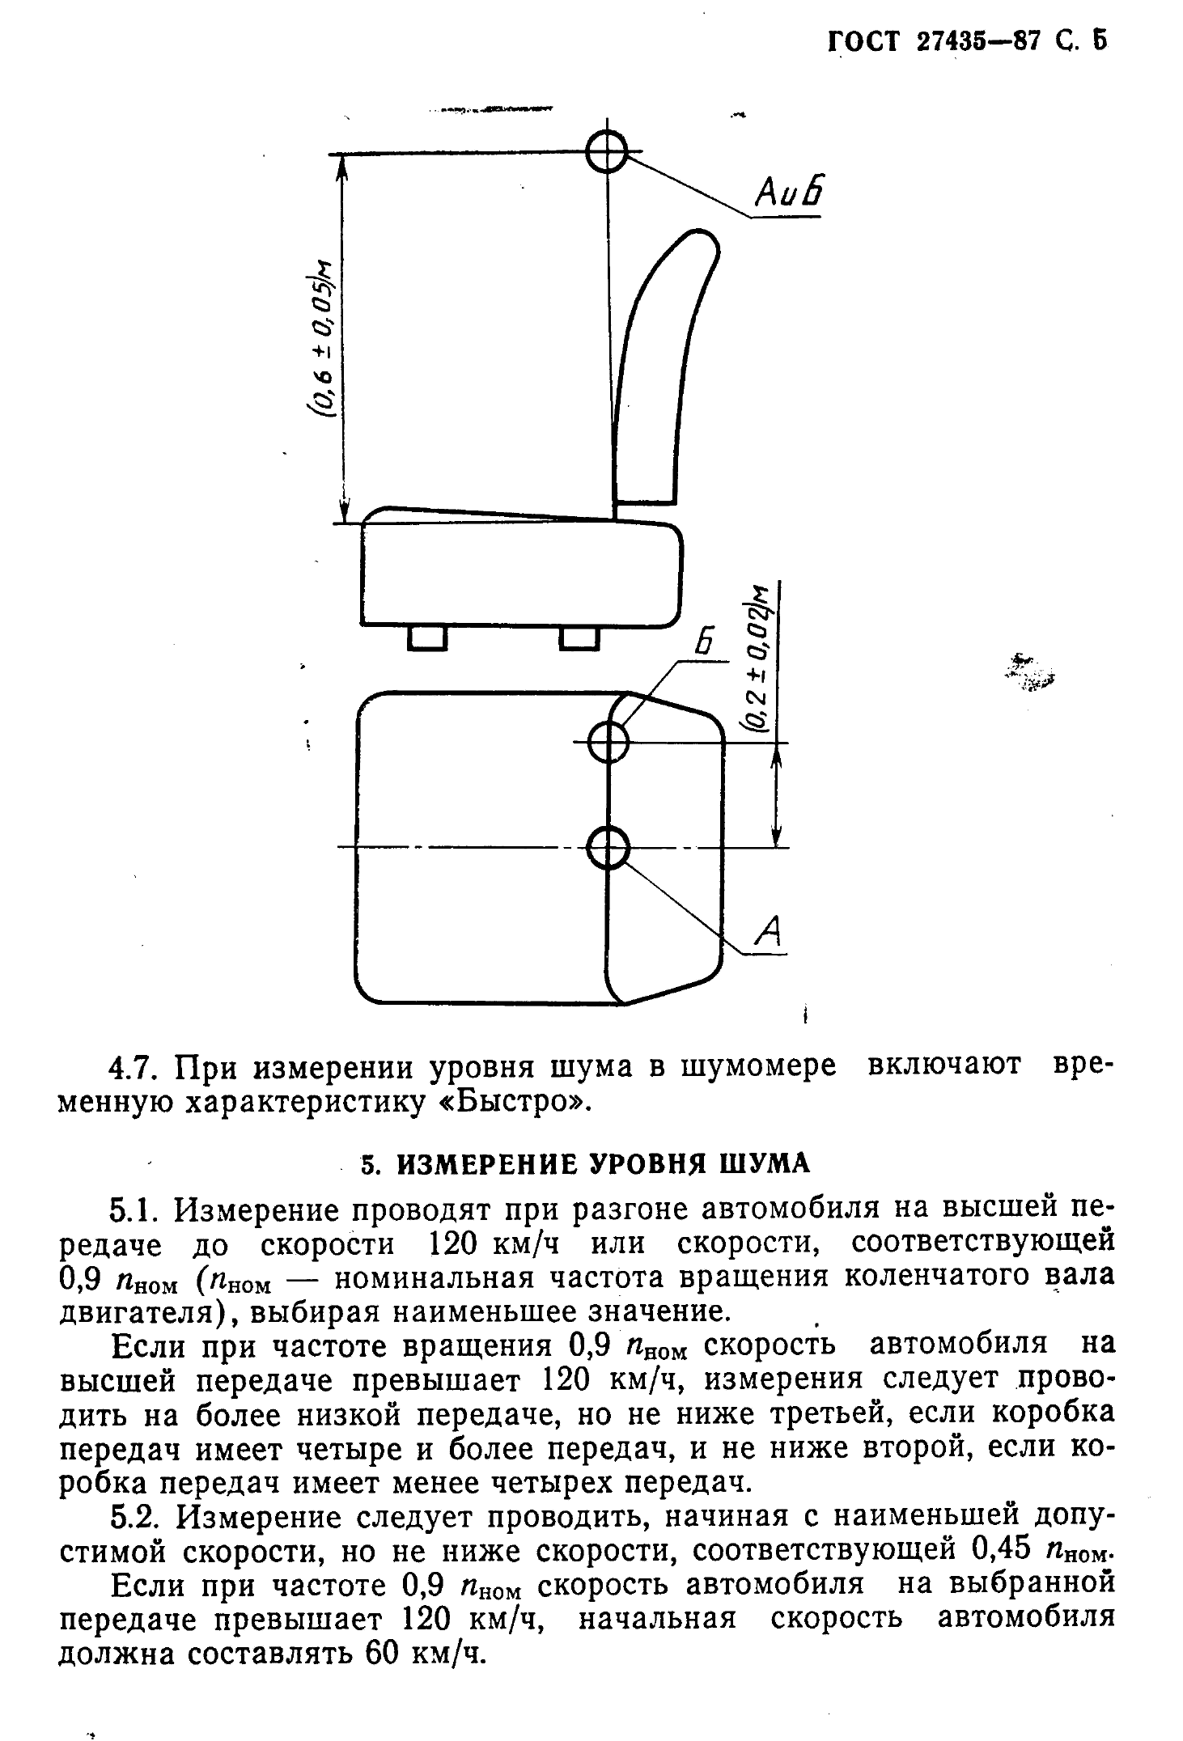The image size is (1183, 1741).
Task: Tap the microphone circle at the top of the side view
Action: coord(607,151)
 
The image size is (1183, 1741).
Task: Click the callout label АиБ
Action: coord(787,194)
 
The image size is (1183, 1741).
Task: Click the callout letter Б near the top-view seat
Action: coord(705,644)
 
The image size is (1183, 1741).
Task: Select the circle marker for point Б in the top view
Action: coord(608,742)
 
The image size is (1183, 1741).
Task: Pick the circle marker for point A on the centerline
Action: coord(608,848)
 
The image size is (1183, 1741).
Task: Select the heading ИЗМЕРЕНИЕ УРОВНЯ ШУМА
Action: coord(604,1163)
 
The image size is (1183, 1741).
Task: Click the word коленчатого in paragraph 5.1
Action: coord(918,1278)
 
